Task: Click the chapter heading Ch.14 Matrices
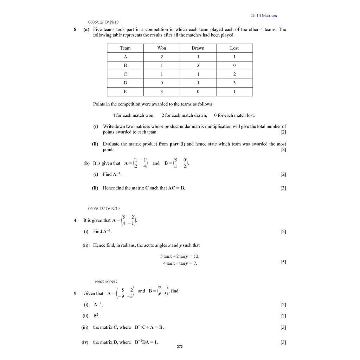(x=263, y=15)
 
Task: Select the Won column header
(x=162, y=48)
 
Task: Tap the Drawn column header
(x=198, y=48)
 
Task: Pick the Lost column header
(x=234, y=48)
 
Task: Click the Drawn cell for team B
(x=198, y=65)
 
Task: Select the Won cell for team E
(x=162, y=91)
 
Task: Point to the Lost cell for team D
(x=234, y=83)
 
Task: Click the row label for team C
(x=125, y=74)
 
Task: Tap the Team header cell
(x=125, y=48)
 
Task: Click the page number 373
(x=180, y=347)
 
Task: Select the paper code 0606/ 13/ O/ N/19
(x=104, y=208)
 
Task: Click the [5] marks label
(x=283, y=262)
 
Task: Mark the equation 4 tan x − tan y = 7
(x=180, y=263)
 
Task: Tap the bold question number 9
(x=75, y=293)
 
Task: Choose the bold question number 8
(x=75, y=30)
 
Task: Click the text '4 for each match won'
(x=133, y=115)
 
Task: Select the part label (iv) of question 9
(x=85, y=342)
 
